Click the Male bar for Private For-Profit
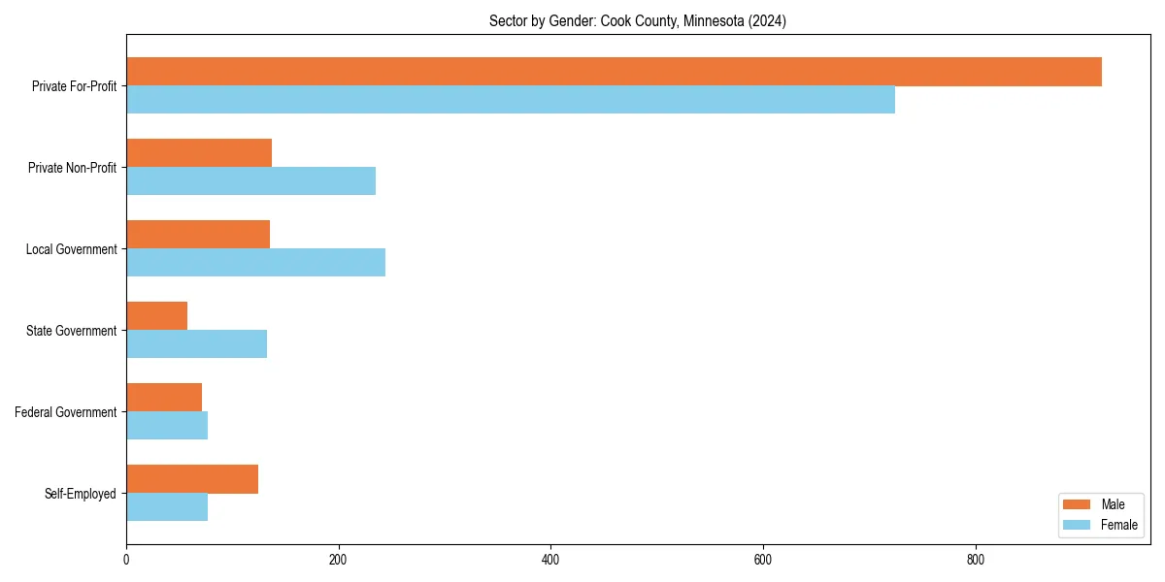click(614, 72)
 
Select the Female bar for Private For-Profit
click(511, 100)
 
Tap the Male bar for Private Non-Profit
click(199, 153)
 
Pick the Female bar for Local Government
click(255, 263)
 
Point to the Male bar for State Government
click(156, 316)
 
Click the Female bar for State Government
click(196, 344)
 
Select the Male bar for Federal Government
click(164, 398)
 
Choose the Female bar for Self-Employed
click(167, 507)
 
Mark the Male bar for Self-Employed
click(192, 479)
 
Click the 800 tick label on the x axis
click(976, 560)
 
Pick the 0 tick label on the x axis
click(126, 560)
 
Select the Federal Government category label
click(66, 412)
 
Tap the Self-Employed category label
click(81, 494)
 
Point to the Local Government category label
click(71, 249)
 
